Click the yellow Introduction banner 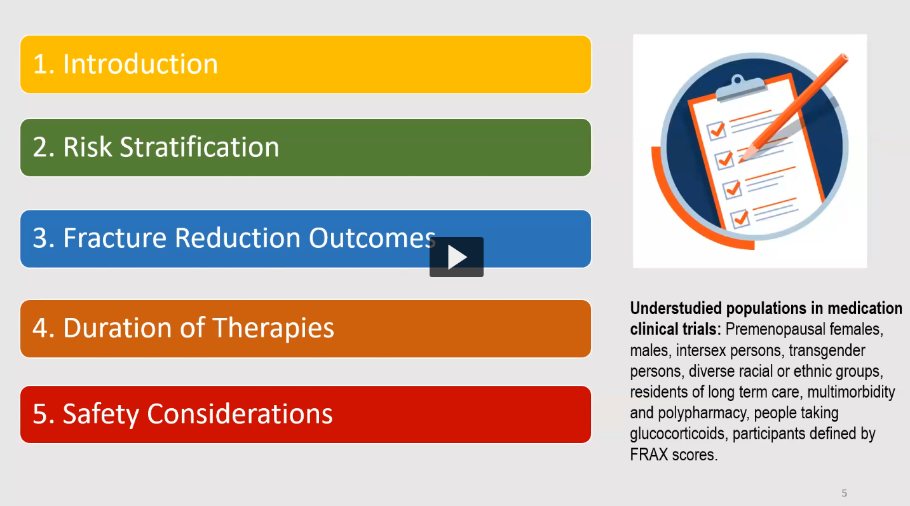point(306,64)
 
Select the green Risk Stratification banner point(306,147)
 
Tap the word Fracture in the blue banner point(115,238)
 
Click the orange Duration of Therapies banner point(306,329)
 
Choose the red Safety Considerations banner point(306,414)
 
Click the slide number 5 point(844,493)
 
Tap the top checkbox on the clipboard point(717,130)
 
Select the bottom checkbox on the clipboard point(740,219)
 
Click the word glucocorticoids point(677,434)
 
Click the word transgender point(827,351)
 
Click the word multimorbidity point(851,392)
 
